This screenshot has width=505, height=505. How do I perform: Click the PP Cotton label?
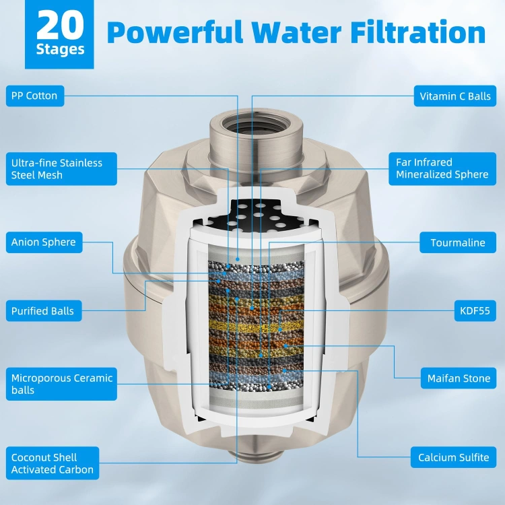pyautogui.click(x=35, y=96)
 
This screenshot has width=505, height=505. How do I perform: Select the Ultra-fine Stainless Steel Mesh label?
pyautogui.click(x=61, y=169)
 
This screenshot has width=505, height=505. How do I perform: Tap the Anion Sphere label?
pyautogui.click(x=44, y=242)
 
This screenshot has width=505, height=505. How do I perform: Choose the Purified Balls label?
pyautogui.click(x=44, y=311)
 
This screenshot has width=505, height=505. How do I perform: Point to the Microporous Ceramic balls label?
pyautogui.click(x=61, y=384)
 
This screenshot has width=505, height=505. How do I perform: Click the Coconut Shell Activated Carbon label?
pyautogui.click(x=53, y=463)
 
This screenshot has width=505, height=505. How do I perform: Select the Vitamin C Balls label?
pyautogui.click(x=454, y=96)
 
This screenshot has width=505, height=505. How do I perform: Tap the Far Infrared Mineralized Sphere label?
pyautogui.click(x=442, y=169)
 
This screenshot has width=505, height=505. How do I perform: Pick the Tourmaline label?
pyautogui.click(x=458, y=242)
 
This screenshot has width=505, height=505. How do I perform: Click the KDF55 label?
pyautogui.click(x=475, y=311)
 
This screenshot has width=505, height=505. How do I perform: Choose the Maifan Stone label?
pyautogui.click(x=459, y=378)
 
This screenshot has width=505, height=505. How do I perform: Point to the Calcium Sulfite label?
pyautogui.click(x=453, y=457)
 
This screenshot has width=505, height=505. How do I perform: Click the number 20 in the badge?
pyautogui.click(x=60, y=25)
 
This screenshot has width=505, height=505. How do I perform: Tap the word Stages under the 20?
pyautogui.click(x=60, y=49)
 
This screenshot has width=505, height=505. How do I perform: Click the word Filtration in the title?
pyautogui.click(x=418, y=32)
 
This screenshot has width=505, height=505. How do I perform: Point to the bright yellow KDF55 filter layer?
pyautogui.click(x=257, y=327)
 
